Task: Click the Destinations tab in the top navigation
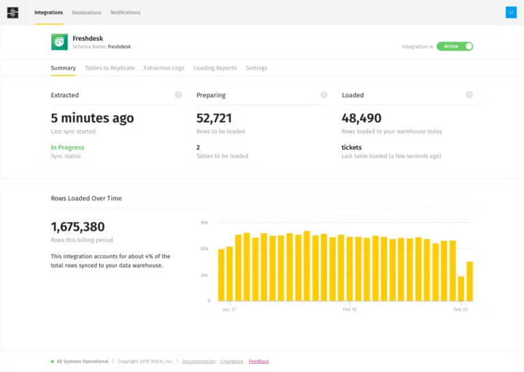87,12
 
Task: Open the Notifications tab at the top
126,12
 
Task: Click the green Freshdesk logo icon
59,42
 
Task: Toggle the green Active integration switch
454,46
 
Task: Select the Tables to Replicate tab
110,68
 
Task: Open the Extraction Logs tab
164,68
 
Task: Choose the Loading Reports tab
215,68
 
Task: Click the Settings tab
257,68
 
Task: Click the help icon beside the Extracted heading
178,95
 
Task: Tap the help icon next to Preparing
323,95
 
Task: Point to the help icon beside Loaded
469,95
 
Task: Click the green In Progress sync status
68,147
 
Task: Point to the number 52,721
214,118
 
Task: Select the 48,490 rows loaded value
362,118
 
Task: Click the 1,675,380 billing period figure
78,227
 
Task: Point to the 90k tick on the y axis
204,223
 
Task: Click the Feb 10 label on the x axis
349,309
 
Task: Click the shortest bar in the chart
461,289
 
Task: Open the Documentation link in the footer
199,361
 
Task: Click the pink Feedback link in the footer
259,361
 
